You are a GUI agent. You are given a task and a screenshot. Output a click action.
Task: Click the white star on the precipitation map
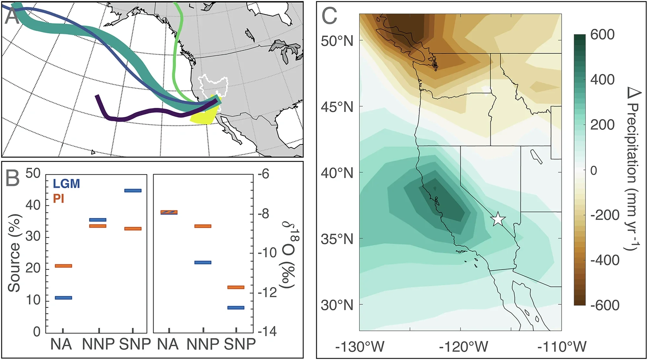(x=498, y=219)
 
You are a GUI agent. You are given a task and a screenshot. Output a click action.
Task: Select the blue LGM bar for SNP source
(x=133, y=191)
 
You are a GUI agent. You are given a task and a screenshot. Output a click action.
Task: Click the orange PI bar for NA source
(x=64, y=266)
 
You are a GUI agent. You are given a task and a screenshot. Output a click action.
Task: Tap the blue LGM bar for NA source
(x=64, y=298)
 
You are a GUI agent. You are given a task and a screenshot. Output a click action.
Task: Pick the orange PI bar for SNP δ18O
(x=236, y=287)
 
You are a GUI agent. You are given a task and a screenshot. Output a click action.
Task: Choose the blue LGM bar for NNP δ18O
(x=203, y=262)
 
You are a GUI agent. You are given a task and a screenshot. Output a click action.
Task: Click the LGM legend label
(x=66, y=184)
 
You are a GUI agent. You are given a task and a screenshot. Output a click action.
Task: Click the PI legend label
(x=59, y=198)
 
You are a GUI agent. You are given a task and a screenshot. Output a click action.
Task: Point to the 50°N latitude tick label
(x=337, y=41)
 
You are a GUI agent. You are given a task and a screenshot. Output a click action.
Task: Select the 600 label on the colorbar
(x=602, y=34)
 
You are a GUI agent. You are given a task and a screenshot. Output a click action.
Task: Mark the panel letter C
(x=329, y=16)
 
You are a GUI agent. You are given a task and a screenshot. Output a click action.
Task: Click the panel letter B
(x=13, y=178)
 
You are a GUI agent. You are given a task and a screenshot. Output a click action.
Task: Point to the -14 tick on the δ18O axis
(x=267, y=331)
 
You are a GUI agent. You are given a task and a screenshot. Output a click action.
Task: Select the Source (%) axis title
(x=14, y=253)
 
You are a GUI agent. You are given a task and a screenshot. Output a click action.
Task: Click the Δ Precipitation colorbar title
(x=632, y=168)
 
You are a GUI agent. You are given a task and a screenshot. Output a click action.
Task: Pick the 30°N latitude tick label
(x=337, y=305)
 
